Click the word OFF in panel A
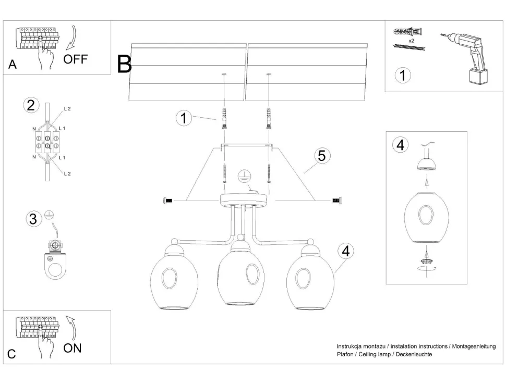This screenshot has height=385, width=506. pyautogui.click(x=76, y=58)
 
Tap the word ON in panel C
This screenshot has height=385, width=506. pyautogui.click(x=73, y=347)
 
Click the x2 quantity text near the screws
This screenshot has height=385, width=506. pyautogui.click(x=411, y=40)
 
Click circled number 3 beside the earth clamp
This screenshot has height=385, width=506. pyautogui.click(x=33, y=219)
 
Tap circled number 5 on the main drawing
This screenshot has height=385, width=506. pyautogui.click(x=321, y=156)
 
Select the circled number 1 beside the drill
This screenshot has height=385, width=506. pyautogui.click(x=402, y=75)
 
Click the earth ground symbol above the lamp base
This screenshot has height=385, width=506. pyautogui.click(x=243, y=176)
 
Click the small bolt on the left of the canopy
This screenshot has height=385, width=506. pyautogui.click(x=168, y=200)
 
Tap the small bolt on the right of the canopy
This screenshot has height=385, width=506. pyautogui.click(x=337, y=200)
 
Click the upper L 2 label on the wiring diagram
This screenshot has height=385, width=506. pyautogui.click(x=67, y=109)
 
